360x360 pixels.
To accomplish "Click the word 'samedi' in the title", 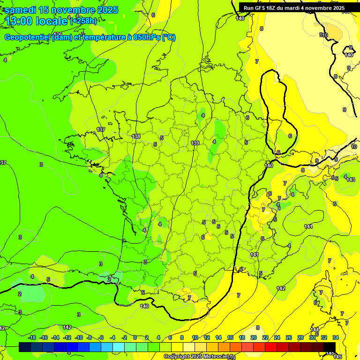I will coord(21,10).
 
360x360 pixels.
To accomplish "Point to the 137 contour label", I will coord(101,129).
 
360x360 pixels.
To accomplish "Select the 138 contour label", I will coord(136,136).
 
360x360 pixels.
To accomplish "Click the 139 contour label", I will coord(195,143).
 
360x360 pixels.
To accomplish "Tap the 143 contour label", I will coord(351,180).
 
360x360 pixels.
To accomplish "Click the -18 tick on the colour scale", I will coord(32,337).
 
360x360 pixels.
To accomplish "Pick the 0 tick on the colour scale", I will coord(135,337).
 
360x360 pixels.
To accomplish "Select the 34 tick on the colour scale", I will coord(336,337).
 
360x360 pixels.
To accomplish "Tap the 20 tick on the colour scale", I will coord(254,337).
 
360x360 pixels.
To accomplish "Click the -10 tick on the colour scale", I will coord(79,337).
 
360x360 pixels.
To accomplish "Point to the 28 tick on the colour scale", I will coord(300,337).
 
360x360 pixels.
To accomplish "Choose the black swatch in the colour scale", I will coord(330,347).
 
